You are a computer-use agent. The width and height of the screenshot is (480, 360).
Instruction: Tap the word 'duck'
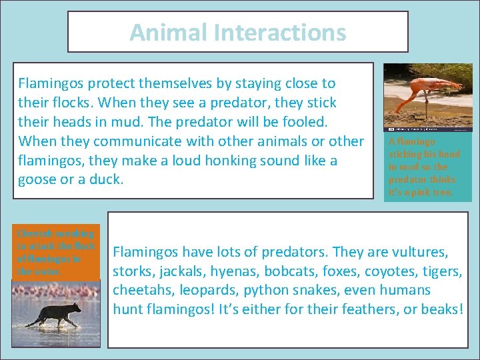pyautogui.click(x=107, y=180)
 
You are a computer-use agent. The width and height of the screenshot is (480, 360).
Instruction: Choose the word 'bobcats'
pyautogui.click(x=294, y=271)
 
